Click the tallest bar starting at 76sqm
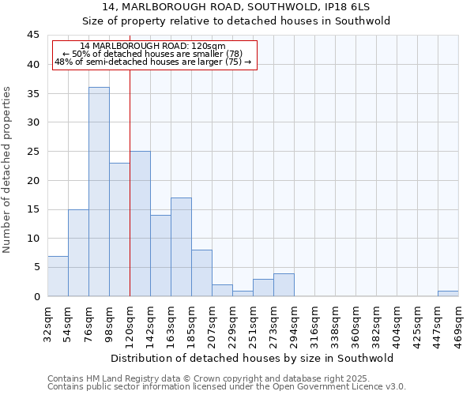point(99,192)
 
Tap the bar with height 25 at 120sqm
point(140,224)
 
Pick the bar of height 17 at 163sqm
point(181,246)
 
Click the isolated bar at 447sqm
point(448,293)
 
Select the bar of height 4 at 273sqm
point(284,284)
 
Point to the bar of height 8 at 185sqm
point(201,273)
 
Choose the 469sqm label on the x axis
point(458,322)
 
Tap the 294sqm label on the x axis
point(294,322)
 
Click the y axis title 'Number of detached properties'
point(8,170)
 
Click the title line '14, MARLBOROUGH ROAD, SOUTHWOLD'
point(236,7)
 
